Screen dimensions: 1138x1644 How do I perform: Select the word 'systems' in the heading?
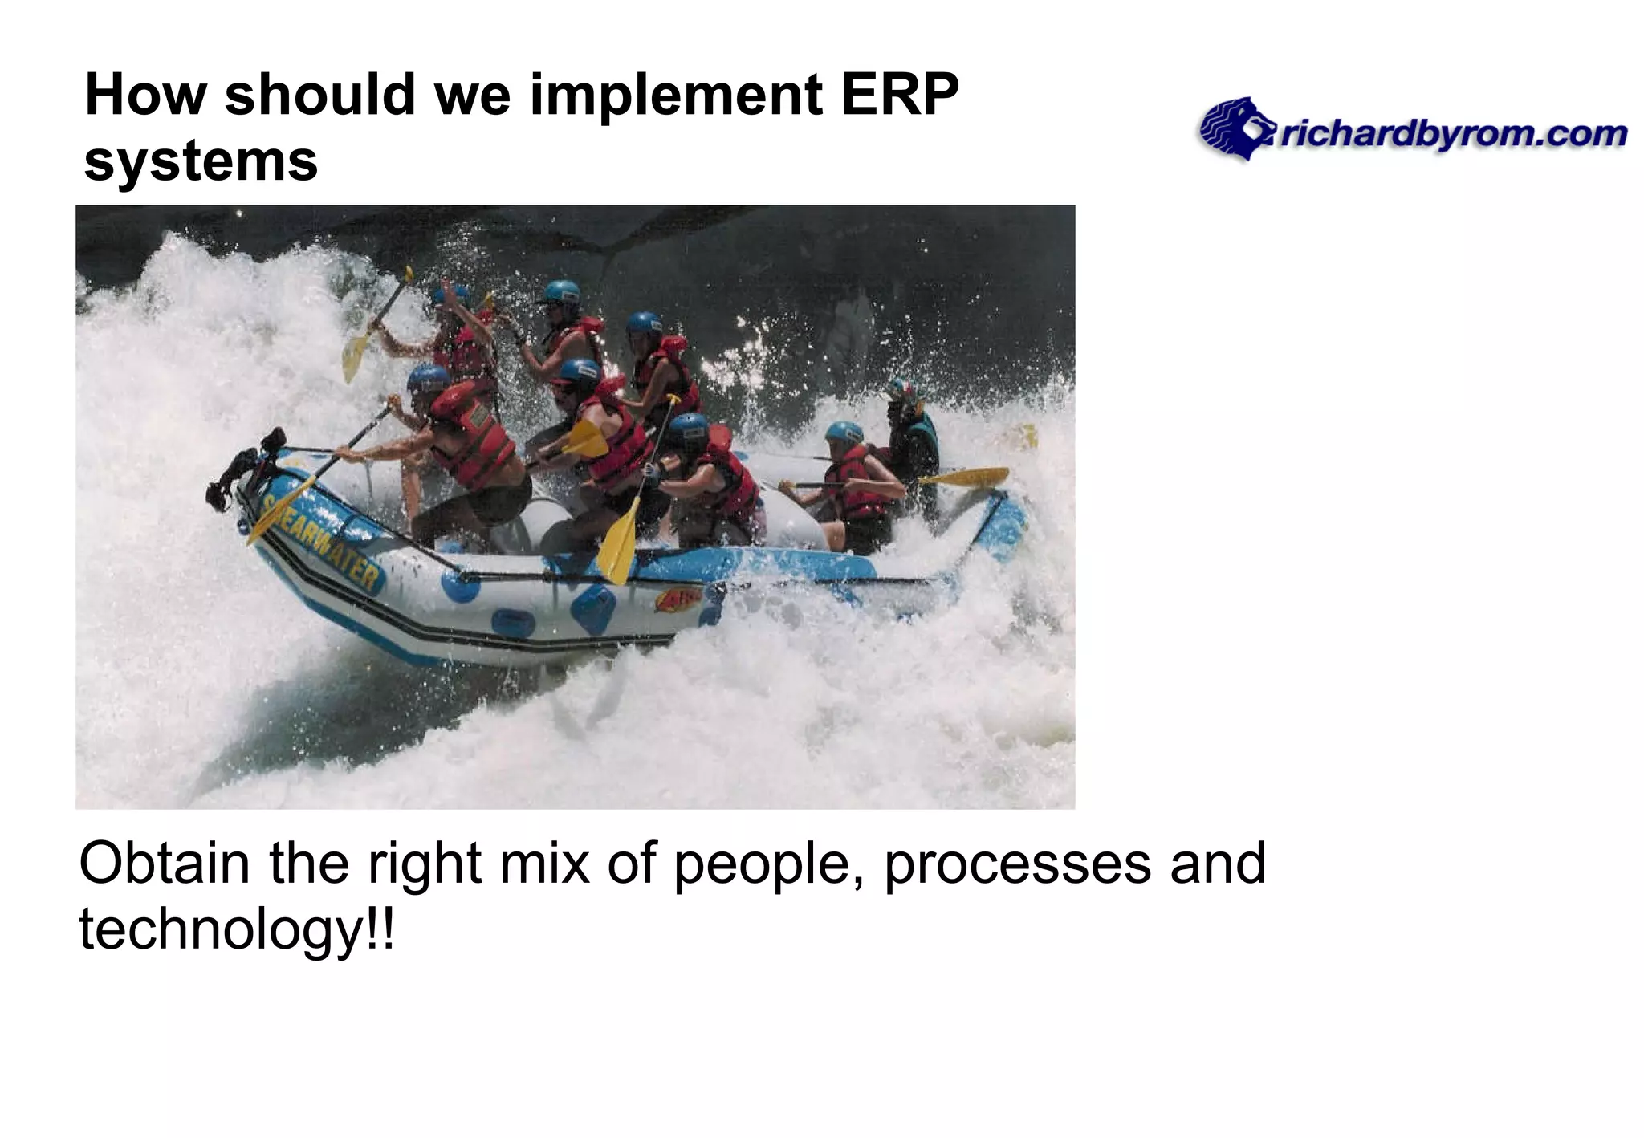tap(201, 161)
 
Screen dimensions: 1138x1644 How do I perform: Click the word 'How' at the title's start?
tap(145, 95)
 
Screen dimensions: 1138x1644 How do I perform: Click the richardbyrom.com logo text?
tap(1453, 135)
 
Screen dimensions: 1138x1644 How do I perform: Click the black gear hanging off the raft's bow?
tap(238, 473)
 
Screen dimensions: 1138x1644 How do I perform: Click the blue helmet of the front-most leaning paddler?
tap(427, 377)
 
